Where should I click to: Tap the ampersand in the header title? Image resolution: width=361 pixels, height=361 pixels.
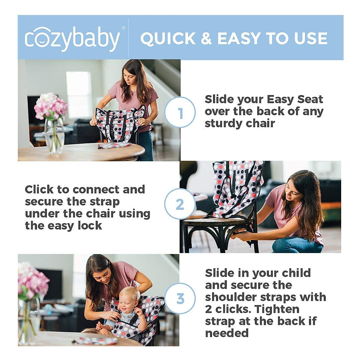pos(206,39)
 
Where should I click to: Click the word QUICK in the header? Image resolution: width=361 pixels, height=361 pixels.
pos(168,39)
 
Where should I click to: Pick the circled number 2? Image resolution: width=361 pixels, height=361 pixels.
pos(180,204)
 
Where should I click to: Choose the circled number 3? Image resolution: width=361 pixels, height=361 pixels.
pos(180,299)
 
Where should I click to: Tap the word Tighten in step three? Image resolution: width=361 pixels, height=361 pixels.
pos(276,309)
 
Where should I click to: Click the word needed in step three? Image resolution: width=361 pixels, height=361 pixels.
pos(227,333)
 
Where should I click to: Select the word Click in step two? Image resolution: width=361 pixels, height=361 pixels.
pos(39,190)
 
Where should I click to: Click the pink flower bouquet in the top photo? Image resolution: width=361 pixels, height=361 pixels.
pos(50,106)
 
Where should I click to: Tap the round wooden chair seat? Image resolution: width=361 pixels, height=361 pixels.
pos(215,222)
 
